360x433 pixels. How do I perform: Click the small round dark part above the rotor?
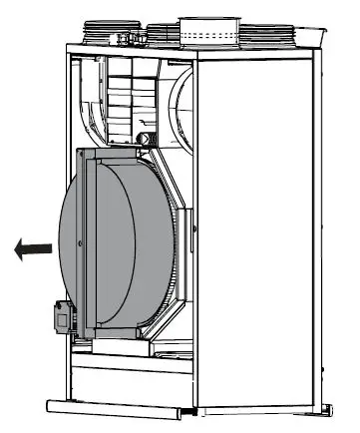[x=144, y=139]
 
